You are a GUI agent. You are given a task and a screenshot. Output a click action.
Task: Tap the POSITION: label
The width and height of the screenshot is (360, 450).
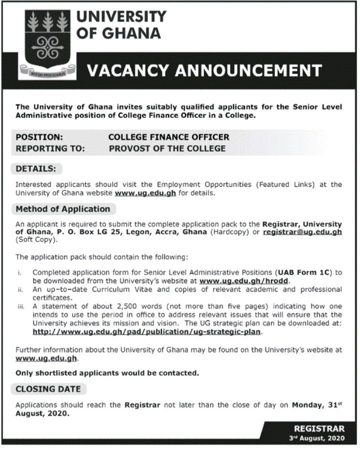point(39,137)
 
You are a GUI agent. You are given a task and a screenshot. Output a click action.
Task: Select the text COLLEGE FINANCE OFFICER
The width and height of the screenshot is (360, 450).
point(169,137)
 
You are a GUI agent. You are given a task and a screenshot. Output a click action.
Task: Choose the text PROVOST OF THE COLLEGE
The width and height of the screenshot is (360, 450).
point(167,148)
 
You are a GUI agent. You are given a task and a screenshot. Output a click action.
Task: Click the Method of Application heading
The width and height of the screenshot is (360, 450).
point(63,209)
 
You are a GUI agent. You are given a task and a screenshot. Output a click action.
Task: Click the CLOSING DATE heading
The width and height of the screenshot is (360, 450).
point(48,389)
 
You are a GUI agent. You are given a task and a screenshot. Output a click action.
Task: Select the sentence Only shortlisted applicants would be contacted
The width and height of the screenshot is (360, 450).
point(107,373)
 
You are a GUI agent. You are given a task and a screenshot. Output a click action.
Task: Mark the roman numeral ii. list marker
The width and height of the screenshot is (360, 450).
point(19,290)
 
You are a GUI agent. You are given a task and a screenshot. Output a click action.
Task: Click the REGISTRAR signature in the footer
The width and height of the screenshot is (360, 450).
point(319,429)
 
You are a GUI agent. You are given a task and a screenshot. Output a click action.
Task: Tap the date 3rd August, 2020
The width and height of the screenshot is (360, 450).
point(316,438)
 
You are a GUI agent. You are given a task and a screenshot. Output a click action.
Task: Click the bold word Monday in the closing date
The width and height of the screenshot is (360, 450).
point(309,405)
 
